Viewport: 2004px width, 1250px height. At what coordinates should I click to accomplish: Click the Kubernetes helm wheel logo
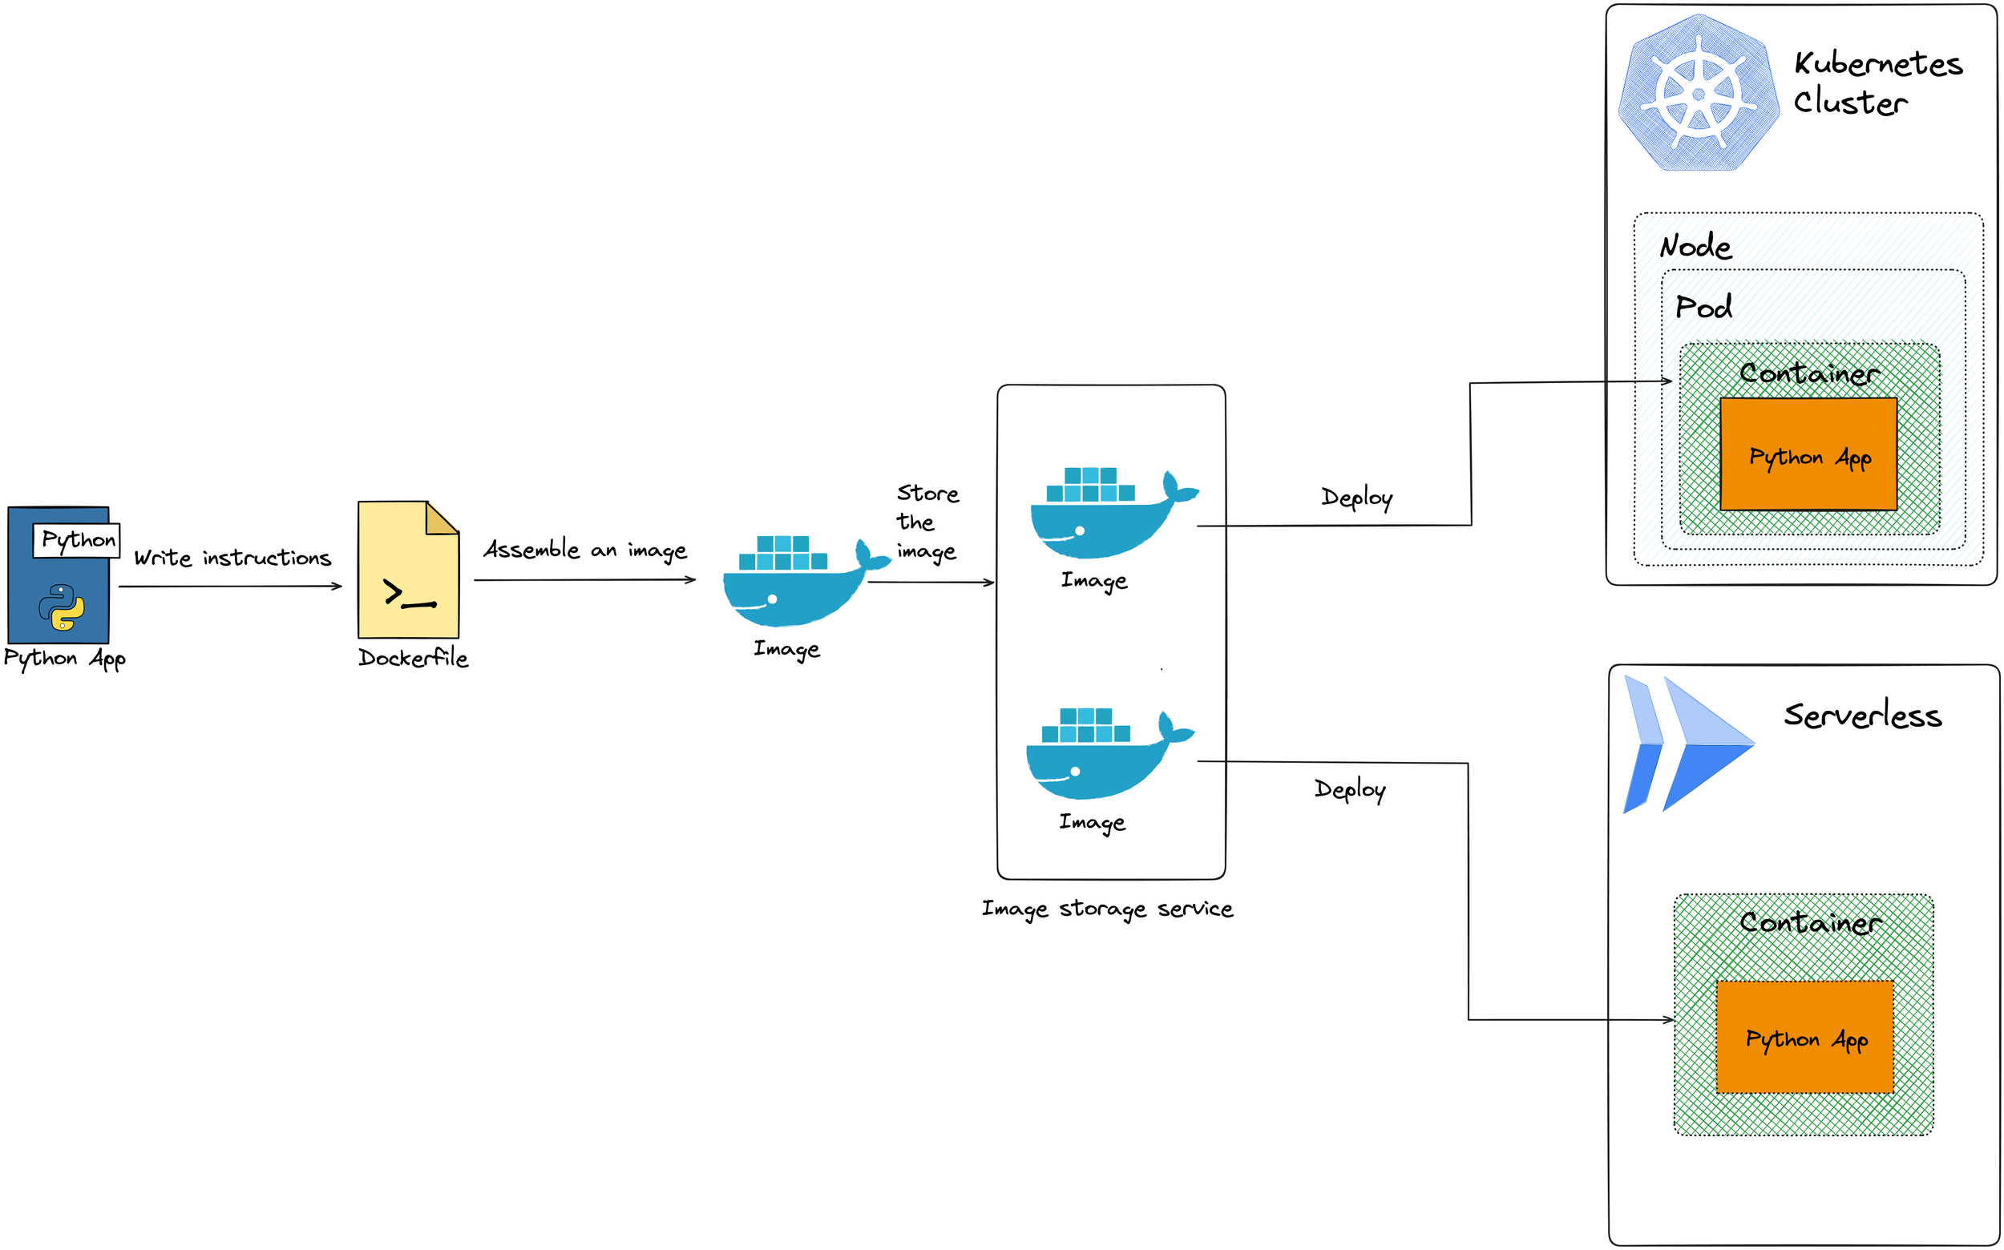pyautogui.click(x=1698, y=93)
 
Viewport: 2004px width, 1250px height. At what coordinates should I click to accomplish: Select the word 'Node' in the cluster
pyautogui.click(x=1695, y=246)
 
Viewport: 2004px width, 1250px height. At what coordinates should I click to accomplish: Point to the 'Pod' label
pyautogui.click(x=1703, y=307)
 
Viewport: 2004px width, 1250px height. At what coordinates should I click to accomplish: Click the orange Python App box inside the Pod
pyautogui.click(x=1808, y=454)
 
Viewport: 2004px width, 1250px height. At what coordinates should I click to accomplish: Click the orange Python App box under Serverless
pyautogui.click(x=1804, y=1037)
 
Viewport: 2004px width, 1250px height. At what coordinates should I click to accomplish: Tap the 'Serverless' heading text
pyautogui.click(x=1862, y=715)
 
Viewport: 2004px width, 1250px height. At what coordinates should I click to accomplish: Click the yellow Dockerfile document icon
pyautogui.click(x=408, y=570)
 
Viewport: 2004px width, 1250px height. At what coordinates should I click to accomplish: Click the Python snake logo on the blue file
pyautogui.click(x=61, y=607)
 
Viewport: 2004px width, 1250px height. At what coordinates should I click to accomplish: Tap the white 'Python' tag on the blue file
pyautogui.click(x=77, y=540)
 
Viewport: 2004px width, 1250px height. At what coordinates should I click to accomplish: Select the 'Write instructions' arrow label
pyautogui.click(x=232, y=558)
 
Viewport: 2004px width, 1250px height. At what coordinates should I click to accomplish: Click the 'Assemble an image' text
pyautogui.click(x=584, y=550)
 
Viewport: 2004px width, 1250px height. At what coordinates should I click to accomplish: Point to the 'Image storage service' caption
pyautogui.click(x=1107, y=909)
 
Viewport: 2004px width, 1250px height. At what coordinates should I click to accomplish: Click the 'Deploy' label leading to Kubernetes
pyautogui.click(x=1356, y=498)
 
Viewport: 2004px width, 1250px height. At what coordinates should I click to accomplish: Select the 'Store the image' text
pyautogui.click(x=927, y=522)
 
